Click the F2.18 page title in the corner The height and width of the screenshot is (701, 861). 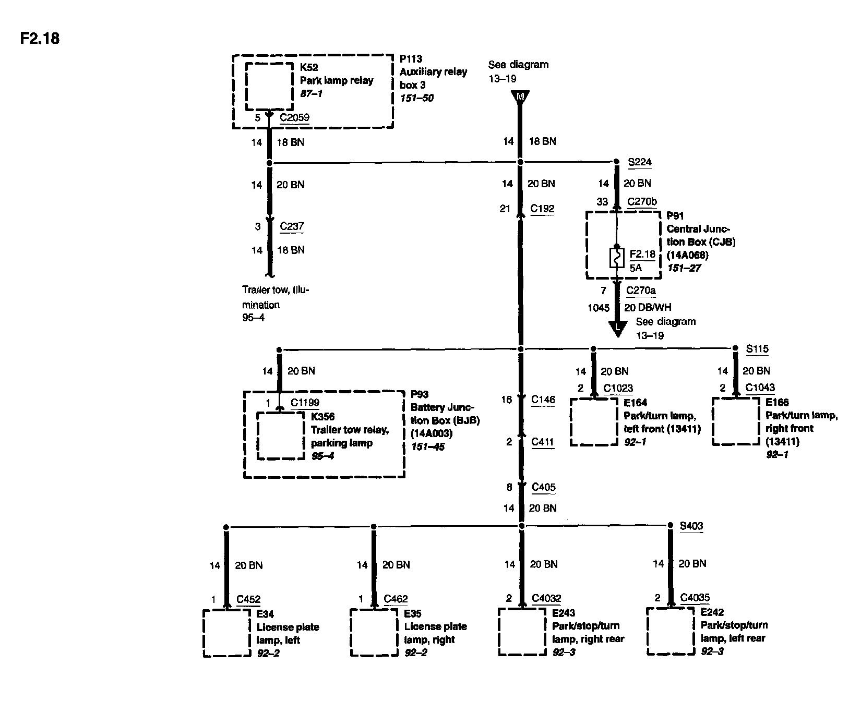[40, 39]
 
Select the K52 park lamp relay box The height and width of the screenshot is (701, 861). [269, 86]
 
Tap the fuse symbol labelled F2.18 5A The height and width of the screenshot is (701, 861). [617, 258]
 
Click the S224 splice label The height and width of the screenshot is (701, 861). [640, 162]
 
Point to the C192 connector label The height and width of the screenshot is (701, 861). [542, 209]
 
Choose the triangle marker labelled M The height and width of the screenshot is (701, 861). [520, 97]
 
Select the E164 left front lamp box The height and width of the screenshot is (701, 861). [593, 422]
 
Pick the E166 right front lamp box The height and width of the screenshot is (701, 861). [736, 421]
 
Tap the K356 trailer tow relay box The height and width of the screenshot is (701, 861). [281, 436]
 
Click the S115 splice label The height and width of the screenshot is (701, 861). [757, 349]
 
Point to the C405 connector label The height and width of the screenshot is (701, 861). [544, 487]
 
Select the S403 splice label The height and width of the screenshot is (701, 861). [691, 526]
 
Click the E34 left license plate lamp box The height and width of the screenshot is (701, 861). [226, 633]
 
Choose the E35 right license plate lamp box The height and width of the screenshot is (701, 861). [374, 633]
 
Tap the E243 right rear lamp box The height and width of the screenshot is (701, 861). [522, 632]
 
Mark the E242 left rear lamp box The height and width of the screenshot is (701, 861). [670, 631]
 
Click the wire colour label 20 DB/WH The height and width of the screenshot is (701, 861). [648, 307]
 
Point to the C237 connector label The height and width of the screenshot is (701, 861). [292, 226]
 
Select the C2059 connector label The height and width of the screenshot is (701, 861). [294, 117]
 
